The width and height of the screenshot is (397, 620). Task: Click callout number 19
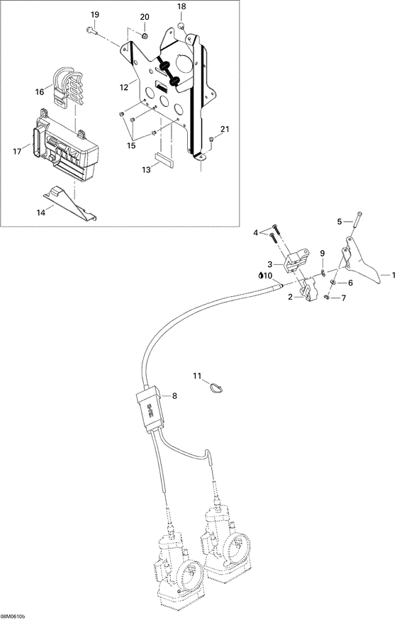[x=94, y=15]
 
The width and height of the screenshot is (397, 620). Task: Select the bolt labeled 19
[x=91, y=30]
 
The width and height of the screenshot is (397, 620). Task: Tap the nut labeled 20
[x=144, y=35]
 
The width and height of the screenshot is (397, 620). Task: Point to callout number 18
[x=181, y=6]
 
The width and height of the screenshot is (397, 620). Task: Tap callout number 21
[x=225, y=128]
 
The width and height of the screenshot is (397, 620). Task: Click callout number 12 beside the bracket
[x=123, y=86]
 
